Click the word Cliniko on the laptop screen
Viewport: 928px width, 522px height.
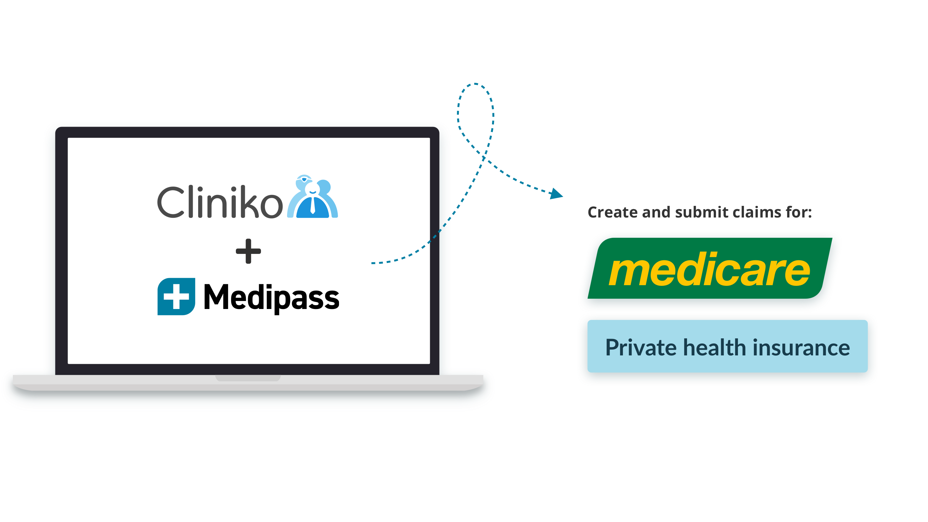[x=220, y=202]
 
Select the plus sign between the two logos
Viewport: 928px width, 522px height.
[x=248, y=251]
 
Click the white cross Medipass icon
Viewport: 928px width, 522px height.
[x=176, y=296]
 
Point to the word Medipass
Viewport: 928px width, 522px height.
[x=271, y=297]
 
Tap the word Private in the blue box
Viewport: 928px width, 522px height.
[x=641, y=348]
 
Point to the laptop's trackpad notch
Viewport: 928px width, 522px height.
[x=248, y=378]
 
